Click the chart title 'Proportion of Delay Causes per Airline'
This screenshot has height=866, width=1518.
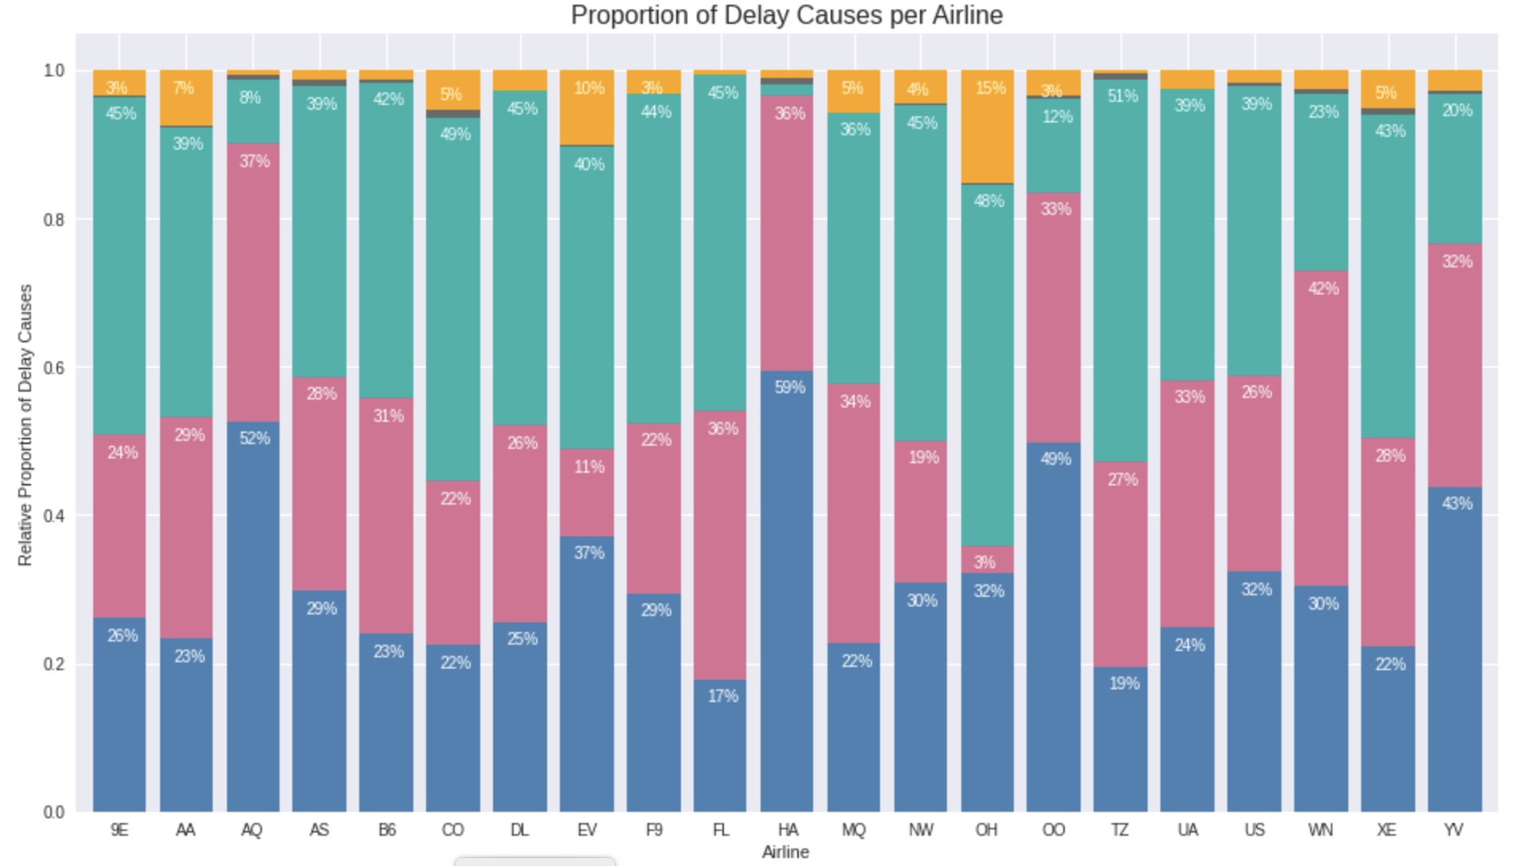point(786,16)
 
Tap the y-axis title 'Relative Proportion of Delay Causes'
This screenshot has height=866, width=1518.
point(25,425)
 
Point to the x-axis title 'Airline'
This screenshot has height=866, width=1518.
point(785,852)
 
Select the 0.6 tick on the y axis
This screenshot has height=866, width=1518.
point(54,368)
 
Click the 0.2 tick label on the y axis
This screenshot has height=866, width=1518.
point(54,664)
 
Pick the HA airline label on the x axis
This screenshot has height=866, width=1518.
point(788,830)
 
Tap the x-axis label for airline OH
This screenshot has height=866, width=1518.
point(987,830)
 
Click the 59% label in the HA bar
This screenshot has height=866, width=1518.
point(790,388)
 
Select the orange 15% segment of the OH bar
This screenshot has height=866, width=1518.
point(988,127)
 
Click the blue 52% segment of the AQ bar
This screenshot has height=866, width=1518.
point(253,617)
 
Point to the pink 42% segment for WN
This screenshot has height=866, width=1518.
point(1321,428)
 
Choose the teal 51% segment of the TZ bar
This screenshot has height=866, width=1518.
point(1121,271)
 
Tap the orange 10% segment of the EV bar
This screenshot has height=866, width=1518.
point(587,107)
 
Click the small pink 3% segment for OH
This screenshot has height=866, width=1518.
point(988,560)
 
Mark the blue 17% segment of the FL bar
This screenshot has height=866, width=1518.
point(720,746)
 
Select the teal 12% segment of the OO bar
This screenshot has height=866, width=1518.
point(1054,146)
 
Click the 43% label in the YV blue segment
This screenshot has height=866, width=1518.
point(1457,504)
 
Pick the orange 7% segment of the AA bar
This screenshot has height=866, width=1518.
point(186,98)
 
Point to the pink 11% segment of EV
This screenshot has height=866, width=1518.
point(587,493)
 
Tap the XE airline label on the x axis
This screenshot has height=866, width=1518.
point(1387,830)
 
